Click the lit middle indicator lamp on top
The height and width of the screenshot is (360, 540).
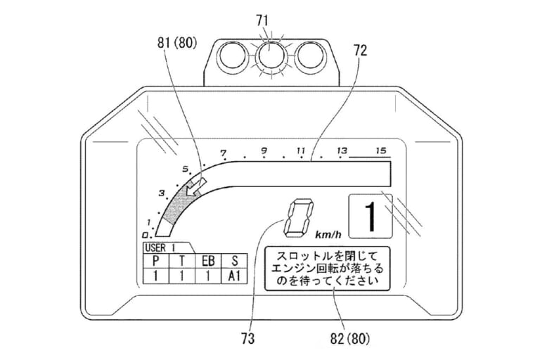(270, 54)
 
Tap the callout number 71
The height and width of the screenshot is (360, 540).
(270, 13)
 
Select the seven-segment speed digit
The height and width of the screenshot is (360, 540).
(296, 218)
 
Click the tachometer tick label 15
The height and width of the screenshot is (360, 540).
(381, 150)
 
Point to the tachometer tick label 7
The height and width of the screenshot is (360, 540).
(224, 153)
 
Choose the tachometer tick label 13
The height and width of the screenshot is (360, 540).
(342, 150)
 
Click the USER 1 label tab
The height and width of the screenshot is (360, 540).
(160, 247)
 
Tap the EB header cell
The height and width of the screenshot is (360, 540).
(208, 261)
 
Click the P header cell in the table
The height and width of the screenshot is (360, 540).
(155, 261)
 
